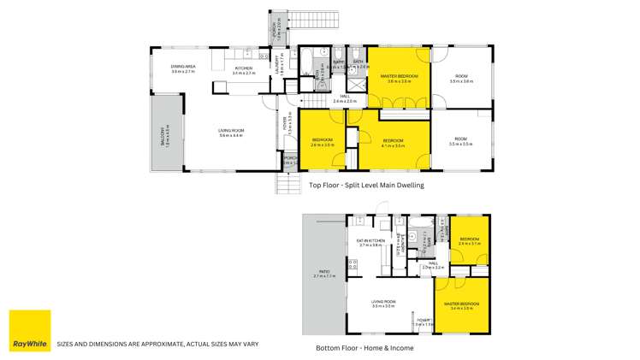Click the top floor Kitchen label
coord(244,69)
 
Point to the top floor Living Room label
coord(231,133)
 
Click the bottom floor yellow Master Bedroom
coord(461,305)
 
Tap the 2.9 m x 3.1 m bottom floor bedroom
coord(470,241)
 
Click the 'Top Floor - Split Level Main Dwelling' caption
coord(367,185)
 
